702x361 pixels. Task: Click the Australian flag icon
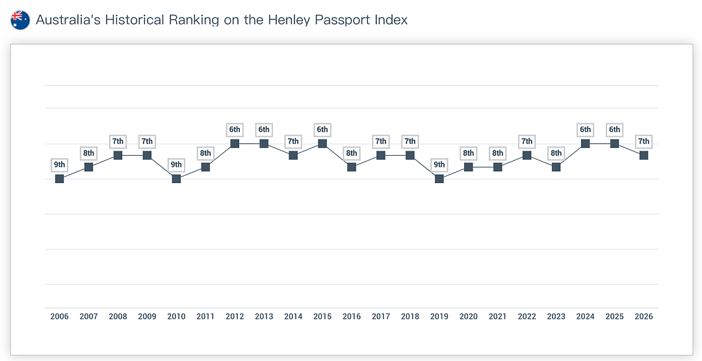(x=20, y=20)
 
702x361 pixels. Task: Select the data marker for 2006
(x=60, y=179)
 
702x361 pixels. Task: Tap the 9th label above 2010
(x=176, y=165)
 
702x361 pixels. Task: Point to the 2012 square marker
(x=235, y=143)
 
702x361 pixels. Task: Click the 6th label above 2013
(x=264, y=130)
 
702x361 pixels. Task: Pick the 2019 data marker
(x=439, y=179)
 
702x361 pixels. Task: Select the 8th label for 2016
(x=352, y=153)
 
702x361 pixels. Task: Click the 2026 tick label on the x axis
(x=643, y=317)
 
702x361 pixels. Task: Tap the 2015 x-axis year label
(x=322, y=317)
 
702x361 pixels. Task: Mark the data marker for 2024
(x=585, y=143)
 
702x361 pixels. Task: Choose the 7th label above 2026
(x=643, y=142)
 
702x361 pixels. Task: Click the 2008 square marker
(x=118, y=155)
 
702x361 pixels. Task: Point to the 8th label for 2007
(x=88, y=153)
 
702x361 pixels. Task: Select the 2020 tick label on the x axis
(x=468, y=317)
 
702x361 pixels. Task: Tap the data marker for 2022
(x=527, y=155)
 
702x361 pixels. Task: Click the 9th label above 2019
(x=439, y=165)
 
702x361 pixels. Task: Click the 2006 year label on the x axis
(x=60, y=317)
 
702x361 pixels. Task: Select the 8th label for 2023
(x=556, y=153)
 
